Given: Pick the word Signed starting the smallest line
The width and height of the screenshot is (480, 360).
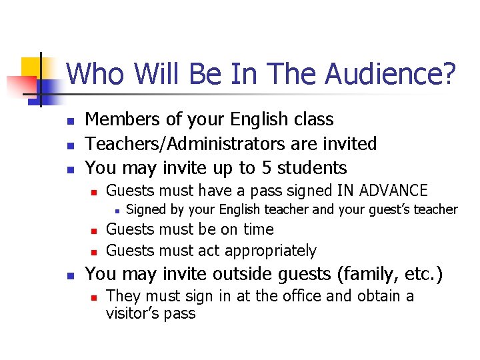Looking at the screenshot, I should (x=146, y=210).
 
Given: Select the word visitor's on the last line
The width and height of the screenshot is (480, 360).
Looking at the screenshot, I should (x=131, y=313).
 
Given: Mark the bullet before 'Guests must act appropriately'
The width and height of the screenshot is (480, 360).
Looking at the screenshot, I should (x=94, y=252).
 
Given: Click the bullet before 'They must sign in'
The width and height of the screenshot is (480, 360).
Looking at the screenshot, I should (x=94, y=297).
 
